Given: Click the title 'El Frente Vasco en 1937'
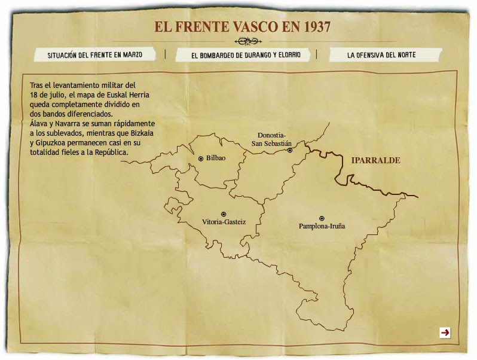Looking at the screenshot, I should click(x=242, y=27).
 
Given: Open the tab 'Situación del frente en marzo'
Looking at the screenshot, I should click(x=95, y=54).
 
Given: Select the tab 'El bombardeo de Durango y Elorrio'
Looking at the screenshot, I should click(x=246, y=55).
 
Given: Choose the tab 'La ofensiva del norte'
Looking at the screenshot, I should click(x=381, y=54).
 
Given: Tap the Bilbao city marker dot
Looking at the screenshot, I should click(x=201, y=158).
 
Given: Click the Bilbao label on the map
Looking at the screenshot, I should click(x=216, y=158).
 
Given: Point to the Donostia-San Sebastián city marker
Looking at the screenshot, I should click(x=290, y=150).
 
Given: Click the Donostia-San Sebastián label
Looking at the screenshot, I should click(x=271, y=139).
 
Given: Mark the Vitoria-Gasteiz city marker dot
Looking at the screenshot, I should click(x=224, y=213).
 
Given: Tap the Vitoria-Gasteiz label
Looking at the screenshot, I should click(x=224, y=222).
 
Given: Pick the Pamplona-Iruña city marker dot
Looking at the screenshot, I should click(x=322, y=218).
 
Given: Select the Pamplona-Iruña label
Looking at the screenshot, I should click(x=322, y=227).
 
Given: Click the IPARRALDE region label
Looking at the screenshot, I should click(x=375, y=161).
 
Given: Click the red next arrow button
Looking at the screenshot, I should click(x=445, y=332).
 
